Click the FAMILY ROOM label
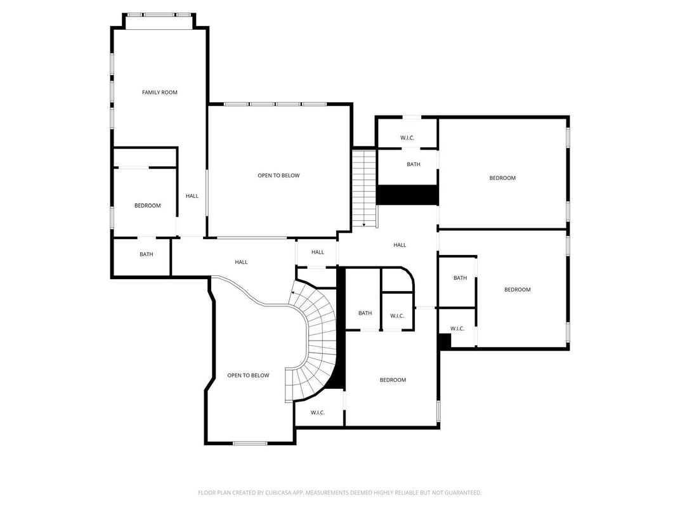coord(159,93)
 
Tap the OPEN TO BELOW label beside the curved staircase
coord(248,376)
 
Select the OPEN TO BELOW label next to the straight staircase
coord(278,176)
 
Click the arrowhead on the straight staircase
coord(364,224)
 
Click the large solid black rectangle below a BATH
coord(407,195)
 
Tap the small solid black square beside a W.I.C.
coord(444,341)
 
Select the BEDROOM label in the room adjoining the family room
coord(147,206)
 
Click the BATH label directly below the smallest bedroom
coord(147,254)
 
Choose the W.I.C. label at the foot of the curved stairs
coord(318,413)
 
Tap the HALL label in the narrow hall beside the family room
coord(192,196)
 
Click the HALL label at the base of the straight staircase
coord(400,245)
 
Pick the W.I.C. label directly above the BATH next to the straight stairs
coord(407,138)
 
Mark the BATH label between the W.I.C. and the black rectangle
coord(414,164)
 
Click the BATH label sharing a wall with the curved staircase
coord(365,313)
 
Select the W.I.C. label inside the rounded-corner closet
coord(397,315)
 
